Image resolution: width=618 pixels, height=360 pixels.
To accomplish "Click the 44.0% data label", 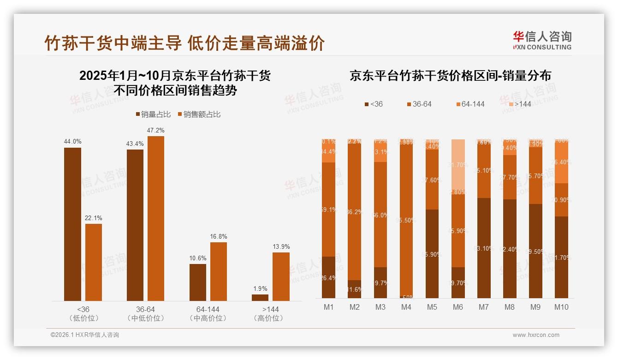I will [x=72, y=142].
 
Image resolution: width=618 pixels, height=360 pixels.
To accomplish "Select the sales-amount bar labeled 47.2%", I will [x=155, y=218].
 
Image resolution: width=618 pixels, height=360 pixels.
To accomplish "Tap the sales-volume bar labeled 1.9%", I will [x=260, y=298].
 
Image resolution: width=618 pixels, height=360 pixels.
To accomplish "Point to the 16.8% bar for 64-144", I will [x=218, y=271].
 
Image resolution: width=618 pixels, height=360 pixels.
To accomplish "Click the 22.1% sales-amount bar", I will [x=94, y=262].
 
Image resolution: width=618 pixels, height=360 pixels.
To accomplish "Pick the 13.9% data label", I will [x=281, y=246].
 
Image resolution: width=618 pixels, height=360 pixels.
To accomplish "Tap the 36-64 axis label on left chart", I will [x=145, y=309].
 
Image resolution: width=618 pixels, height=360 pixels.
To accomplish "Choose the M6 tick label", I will [x=458, y=307].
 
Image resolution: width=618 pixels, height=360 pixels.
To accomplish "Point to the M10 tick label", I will [x=561, y=307].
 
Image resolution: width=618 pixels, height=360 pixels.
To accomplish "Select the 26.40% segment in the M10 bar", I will [x=561, y=162].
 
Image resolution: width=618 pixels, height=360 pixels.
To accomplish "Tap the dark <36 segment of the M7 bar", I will [x=483, y=248].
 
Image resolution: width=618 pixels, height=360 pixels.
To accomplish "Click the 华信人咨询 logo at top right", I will [x=542, y=40].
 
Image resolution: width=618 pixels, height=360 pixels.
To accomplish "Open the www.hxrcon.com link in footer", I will [x=535, y=335].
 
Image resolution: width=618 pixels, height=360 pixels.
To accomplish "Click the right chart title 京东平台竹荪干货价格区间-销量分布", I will [x=450, y=76].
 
